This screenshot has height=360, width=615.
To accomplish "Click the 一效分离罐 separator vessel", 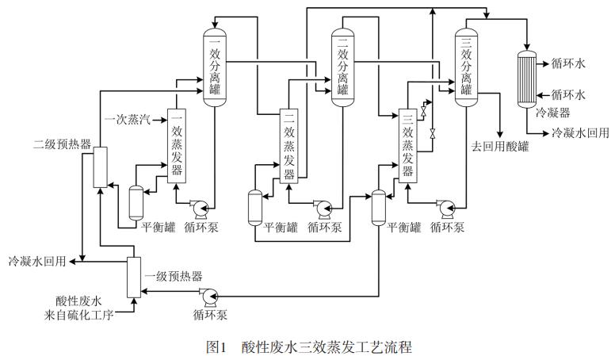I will click(x=215, y=63).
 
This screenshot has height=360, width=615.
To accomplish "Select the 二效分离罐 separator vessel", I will click(x=342, y=63).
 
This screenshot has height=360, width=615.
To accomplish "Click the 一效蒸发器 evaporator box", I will click(x=176, y=147).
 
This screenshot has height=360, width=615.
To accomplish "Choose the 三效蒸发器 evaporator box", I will click(x=407, y=146).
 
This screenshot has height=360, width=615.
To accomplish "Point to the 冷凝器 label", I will click(x=554, y=113).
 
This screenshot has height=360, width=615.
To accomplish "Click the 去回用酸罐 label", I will click(x=501, y=145).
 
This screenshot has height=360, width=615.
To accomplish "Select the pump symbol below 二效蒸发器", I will click(x=323, y=208).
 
